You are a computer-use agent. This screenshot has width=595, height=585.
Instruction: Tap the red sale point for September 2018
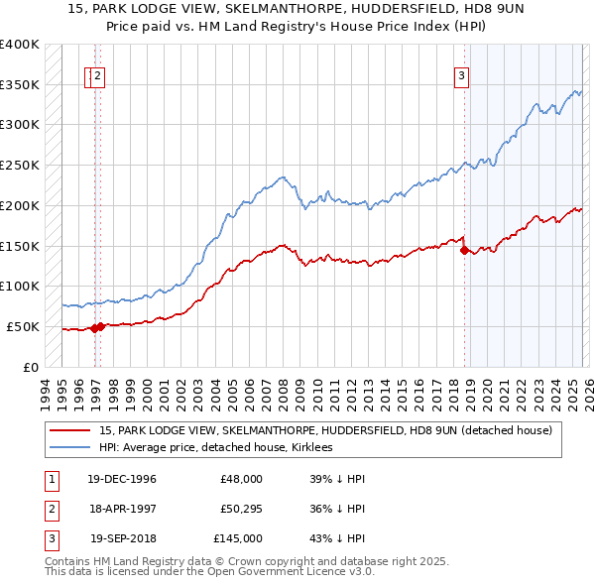pyautogui.click(x=464, y=251)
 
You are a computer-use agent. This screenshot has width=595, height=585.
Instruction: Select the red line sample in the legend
pyautogui.click(x=70, y=430)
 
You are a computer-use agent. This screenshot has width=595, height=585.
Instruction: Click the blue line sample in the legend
pyautogui.click(x=70, y=448)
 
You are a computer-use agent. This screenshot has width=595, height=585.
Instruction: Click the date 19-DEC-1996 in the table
pyautogui.click(x=123, y=479)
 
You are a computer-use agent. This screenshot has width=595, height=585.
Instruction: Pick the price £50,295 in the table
pyautogui.click(x=241, y=509)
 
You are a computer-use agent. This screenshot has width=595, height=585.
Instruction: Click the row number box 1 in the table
pyautogui.click(x=50, y=479)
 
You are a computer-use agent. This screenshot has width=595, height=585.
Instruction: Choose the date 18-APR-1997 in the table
pyautogui.click(x=123, y=509)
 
